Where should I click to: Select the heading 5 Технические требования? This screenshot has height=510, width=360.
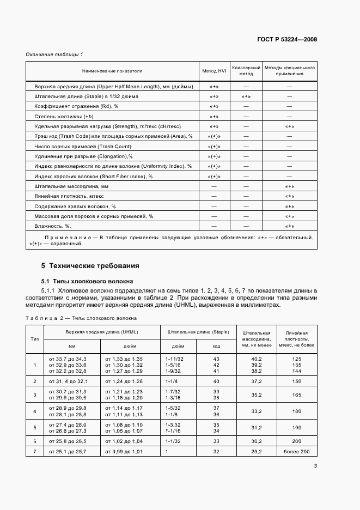pyautogui.click(x=90, y=266)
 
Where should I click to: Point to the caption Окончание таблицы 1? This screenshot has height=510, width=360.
pyautogui.click(x=54, y=54)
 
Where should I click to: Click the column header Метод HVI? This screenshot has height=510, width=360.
pyautogui.click(x=213, y=71)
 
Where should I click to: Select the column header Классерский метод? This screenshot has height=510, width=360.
pyautogui.click(x=246, y=71)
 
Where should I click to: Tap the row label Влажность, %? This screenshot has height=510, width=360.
pyautogui.click(x=53, y=226)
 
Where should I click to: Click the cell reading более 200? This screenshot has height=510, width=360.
pyautogui.click(x=296, y=452)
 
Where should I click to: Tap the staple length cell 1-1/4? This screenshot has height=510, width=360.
pyautogui.click(x=172, y=381)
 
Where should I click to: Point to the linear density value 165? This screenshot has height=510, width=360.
pyautogui.click(x=296, y=395)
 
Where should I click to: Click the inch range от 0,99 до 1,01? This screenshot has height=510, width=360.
pyautogui.click(x=124, y=452)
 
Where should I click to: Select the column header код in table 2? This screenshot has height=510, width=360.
pyautogui.click(x=216, y=345)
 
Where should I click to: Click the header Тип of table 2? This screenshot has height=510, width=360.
pyautogui.click(x=35, y=338)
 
